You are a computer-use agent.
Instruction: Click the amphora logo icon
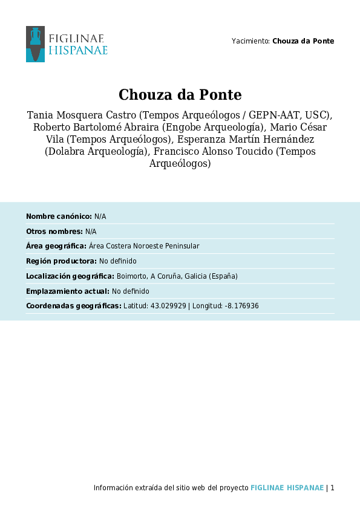pos(35,44)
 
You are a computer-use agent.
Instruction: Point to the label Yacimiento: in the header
pos(250,41)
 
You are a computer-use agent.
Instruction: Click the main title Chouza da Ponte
pos(180,95)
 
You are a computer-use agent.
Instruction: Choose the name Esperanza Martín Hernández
pos(250,139)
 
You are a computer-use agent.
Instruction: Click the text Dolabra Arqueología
pos(96,151)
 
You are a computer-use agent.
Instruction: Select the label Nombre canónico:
pos(59,216)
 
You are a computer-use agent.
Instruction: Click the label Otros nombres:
pos(54,232)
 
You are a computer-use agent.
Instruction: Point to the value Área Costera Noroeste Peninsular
pos(144,246)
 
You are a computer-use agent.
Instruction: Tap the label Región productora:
pos(61,261)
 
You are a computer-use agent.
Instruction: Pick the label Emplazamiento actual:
pos(68,291)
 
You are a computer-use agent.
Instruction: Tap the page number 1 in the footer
pos(332,488)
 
